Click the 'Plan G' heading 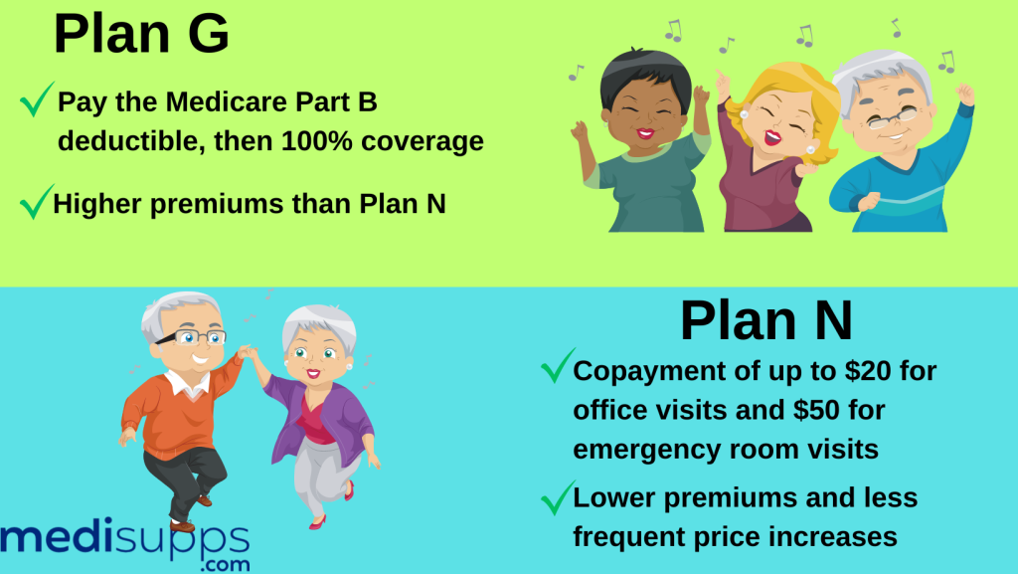[141, 34]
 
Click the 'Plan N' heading [765, 320]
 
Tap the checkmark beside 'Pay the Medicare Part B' [37, 99]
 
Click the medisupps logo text [124, 538]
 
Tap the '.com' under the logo [222, 564]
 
